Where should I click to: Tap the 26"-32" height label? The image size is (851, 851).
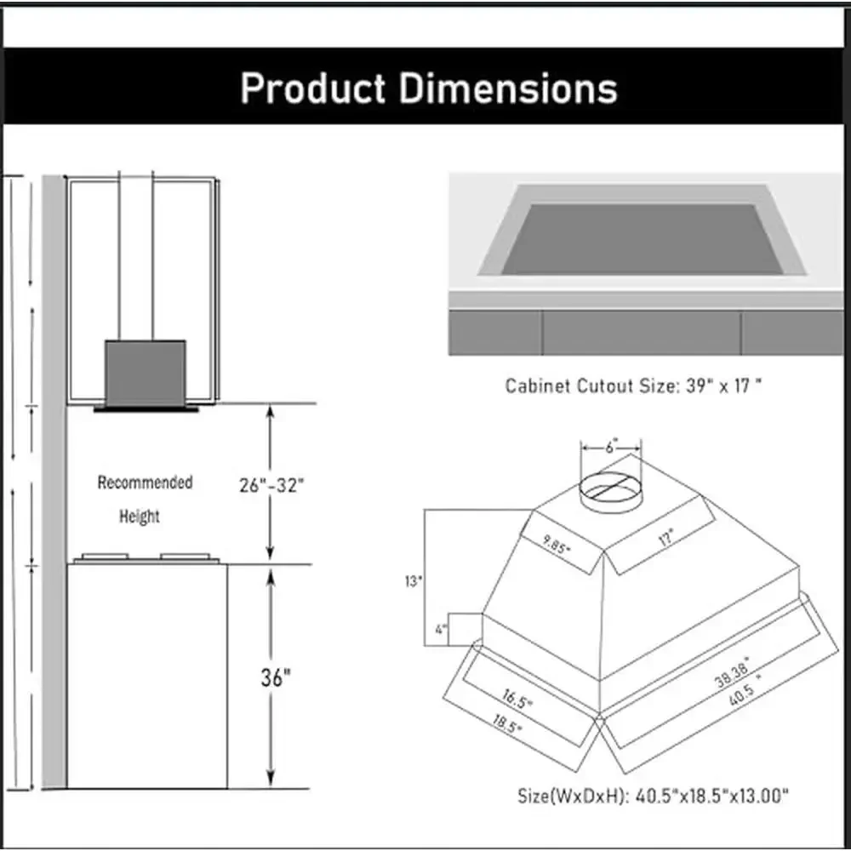(270, 486)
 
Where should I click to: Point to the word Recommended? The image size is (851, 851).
(145, 483)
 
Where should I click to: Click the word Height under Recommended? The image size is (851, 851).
(140, 516)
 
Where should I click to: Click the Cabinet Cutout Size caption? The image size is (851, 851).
(633, 386)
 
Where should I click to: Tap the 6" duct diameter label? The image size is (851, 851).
(611, 446)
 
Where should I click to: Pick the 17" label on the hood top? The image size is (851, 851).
(665, 537)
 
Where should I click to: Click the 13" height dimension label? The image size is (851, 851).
(414, 582)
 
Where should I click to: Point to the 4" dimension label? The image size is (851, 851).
(439, 631)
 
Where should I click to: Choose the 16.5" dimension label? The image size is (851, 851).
(517, 702)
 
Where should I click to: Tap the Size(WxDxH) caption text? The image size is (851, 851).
(653, 797)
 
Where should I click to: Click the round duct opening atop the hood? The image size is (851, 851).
(610, 490)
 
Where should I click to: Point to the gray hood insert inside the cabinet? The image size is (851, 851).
(145, 373)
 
